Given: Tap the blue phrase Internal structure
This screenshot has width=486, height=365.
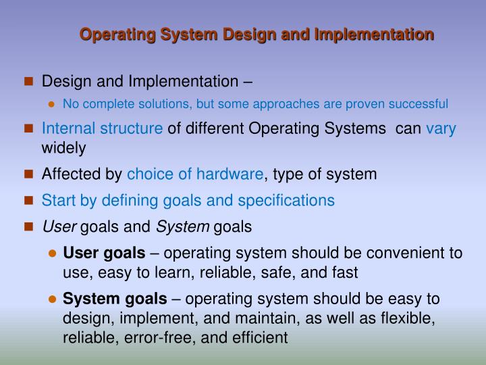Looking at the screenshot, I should (x=102, y=129).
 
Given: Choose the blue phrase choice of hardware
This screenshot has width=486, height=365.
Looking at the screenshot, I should (x=195, y=174).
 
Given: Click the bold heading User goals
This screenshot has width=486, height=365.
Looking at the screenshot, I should (x=104, y=253).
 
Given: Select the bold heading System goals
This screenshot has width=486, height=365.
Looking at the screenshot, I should (x=115, y=299).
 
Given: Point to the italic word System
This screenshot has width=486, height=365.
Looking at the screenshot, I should (x=187, y=226).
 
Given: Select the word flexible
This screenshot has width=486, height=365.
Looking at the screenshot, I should (x=408, y=318).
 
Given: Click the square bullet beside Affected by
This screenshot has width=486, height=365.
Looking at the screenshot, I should (x=28, y=174).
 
